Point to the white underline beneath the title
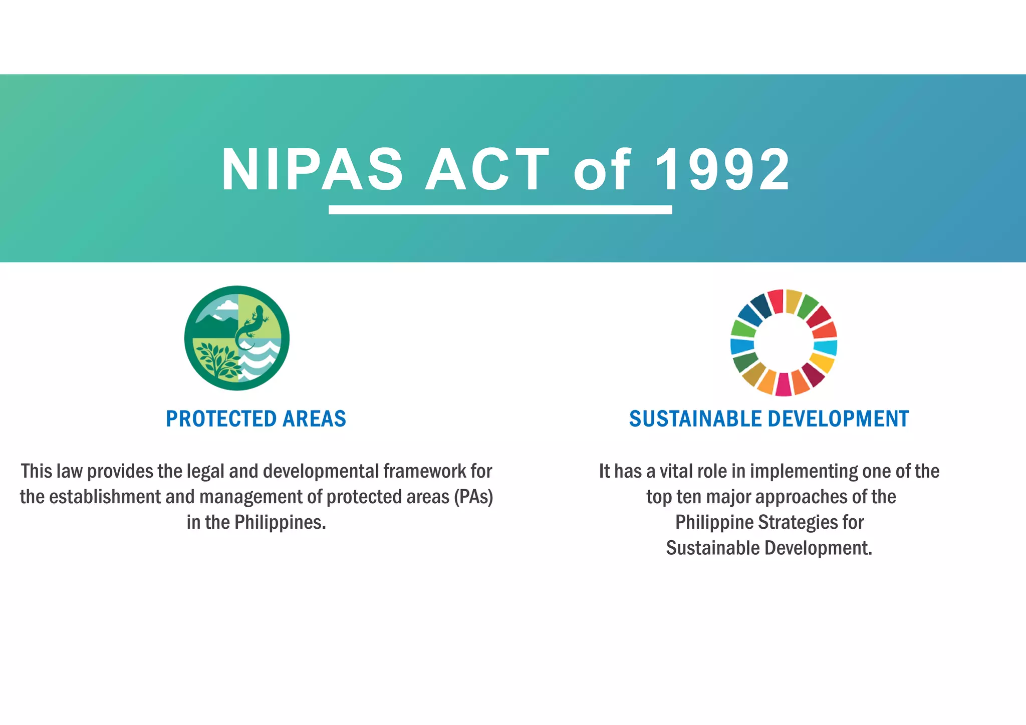[500, 210]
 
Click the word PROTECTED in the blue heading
[221, 419]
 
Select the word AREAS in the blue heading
[314, 419]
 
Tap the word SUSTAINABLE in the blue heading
[695, 419]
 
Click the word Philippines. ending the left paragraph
[280, 522]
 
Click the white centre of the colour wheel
[784, 343]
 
